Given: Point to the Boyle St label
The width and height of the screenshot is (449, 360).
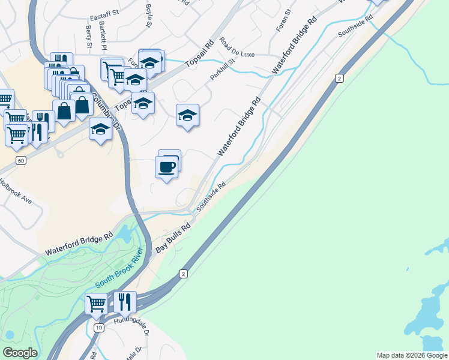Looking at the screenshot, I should pyautogui.click(x=148, y=16).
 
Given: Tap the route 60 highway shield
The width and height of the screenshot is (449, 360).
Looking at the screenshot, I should pyautogui.click(x=21, y=161).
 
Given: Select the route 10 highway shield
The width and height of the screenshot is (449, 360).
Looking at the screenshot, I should pyautogui.click(x=98, y=328).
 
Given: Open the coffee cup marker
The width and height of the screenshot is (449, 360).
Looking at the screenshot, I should pyautogui.click(x=166, y=167).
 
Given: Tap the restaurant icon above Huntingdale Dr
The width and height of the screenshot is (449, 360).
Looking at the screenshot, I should pyautogui.click(x=124, y=302).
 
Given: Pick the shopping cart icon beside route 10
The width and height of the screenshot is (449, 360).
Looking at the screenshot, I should pyautogui.click(x=96, y=304).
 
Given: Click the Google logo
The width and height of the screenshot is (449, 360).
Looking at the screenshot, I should pyautogui.click(x=20, y=353).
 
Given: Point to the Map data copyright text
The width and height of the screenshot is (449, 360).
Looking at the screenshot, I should pyautogui.click(x=412, y=355).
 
